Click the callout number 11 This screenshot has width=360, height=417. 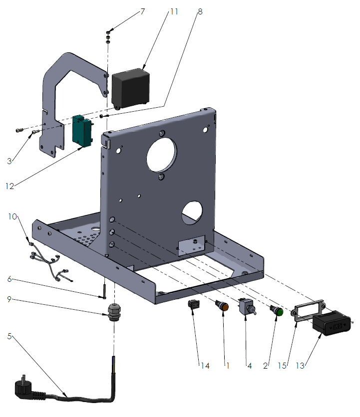(x=173, y=11)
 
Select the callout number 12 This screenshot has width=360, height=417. (x=10, y=186)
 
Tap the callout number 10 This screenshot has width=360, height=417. (x=12, y=216)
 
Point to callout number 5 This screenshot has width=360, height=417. (x=9, y=336)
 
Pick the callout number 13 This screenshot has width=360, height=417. (x=301, y=366)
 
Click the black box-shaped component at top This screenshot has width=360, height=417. (x=130, y=88)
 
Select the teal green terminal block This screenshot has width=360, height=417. (x=83, y=131)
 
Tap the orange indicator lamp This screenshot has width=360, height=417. (x=222, y=305)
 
